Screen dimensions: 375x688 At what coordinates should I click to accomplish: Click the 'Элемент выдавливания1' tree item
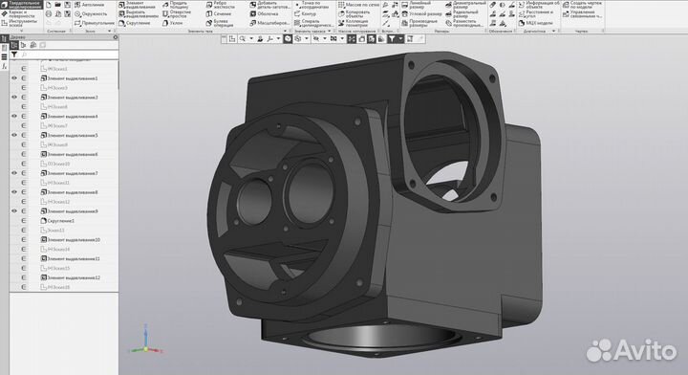coord(73,78)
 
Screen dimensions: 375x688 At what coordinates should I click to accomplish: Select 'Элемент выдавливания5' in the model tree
coord(73,135)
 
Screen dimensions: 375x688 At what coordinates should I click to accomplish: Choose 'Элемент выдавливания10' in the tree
coord(75,239)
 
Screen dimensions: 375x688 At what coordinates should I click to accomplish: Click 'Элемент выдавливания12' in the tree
coord(75,277)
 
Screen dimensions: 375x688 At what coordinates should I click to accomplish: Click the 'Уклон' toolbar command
coord(180,24)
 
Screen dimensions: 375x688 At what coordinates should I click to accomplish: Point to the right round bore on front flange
coord(305,181)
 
